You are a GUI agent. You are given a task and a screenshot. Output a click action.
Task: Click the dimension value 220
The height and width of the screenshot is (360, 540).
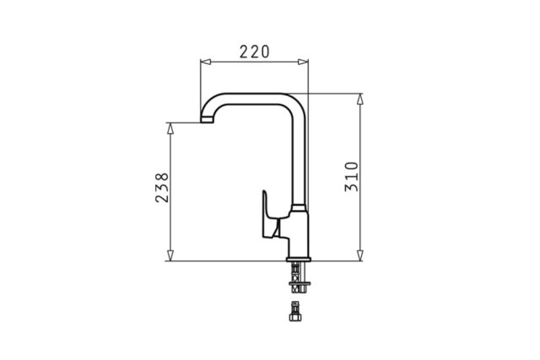coord(254,51)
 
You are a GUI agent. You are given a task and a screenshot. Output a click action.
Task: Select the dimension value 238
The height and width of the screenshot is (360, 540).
coord(163,187)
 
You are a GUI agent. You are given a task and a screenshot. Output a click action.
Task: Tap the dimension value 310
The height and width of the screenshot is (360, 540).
coord(352,177)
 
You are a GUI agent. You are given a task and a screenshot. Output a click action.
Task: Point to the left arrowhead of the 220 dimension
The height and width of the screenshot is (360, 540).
coord(203,61)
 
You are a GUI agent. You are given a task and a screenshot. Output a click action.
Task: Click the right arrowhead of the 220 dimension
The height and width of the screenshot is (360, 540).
coord(305,61)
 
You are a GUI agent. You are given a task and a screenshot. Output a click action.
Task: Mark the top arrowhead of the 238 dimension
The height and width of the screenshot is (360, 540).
coord(170,127)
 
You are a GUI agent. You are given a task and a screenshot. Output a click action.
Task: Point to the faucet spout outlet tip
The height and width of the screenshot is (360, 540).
coord(205,121)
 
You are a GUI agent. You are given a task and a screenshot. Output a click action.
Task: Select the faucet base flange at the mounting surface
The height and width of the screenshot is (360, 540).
coord(299,258)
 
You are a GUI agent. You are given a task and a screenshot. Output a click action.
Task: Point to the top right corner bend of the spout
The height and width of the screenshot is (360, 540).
coord(295,97)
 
